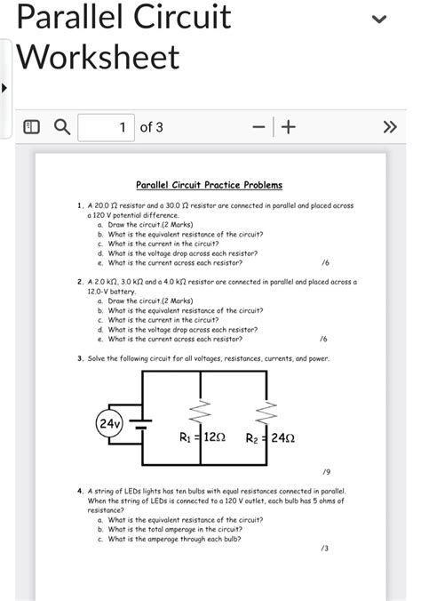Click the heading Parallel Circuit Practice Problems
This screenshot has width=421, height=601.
click(209, 185)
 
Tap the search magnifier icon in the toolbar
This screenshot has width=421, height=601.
click(62, 127)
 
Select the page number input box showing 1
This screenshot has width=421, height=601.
click(106, 127)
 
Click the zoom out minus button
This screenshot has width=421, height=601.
click(258, 127)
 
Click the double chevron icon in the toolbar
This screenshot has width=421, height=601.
click(389, 127)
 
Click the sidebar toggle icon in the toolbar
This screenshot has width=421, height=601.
click(30, 127)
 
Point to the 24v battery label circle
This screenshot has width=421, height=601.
click(110, 423)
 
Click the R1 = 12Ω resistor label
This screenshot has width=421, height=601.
click(203, 437)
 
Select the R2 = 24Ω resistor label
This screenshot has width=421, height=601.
click(271, 437)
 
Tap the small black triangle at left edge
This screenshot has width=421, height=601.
click(4, 89)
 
